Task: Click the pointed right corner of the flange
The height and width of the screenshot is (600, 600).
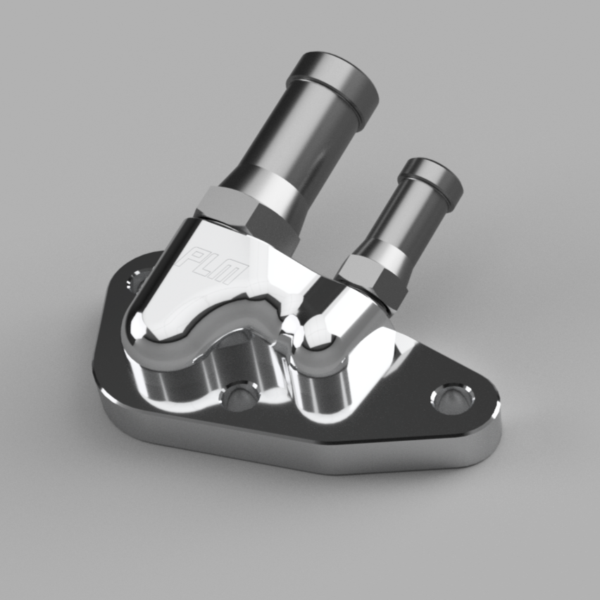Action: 497,412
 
